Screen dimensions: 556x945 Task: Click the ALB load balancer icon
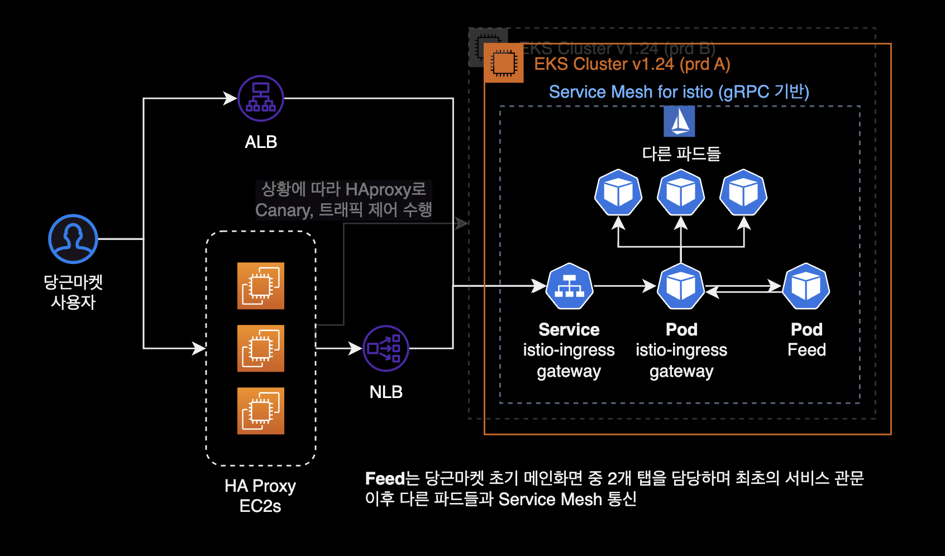point(261,98)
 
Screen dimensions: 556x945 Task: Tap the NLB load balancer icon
point(386,348)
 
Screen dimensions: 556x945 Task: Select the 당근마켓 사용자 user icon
point(73,239)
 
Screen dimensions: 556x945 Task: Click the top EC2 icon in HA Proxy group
point(261,286)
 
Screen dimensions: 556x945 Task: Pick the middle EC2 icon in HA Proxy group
point(261,348)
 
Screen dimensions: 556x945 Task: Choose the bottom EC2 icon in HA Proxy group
point(261,411)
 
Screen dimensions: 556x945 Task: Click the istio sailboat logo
point(679,121)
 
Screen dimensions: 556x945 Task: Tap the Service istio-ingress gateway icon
point(570,286)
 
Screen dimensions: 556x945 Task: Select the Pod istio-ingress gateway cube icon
point(681,286)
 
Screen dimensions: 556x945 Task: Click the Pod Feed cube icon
point(806,286)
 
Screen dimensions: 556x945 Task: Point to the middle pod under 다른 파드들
point(681,193)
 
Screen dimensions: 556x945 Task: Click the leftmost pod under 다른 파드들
point(618,193)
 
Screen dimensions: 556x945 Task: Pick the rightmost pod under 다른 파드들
point(743,193)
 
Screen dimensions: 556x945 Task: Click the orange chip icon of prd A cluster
point(504,63)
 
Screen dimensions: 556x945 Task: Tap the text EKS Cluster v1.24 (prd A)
point(632,64)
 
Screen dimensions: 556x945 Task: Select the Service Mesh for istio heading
point(679,92)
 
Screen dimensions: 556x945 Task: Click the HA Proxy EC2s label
point(260,496)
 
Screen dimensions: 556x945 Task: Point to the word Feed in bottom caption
point(384,478)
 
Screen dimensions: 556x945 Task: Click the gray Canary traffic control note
point(343,200)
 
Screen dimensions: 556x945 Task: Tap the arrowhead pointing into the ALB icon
point(231,98)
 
